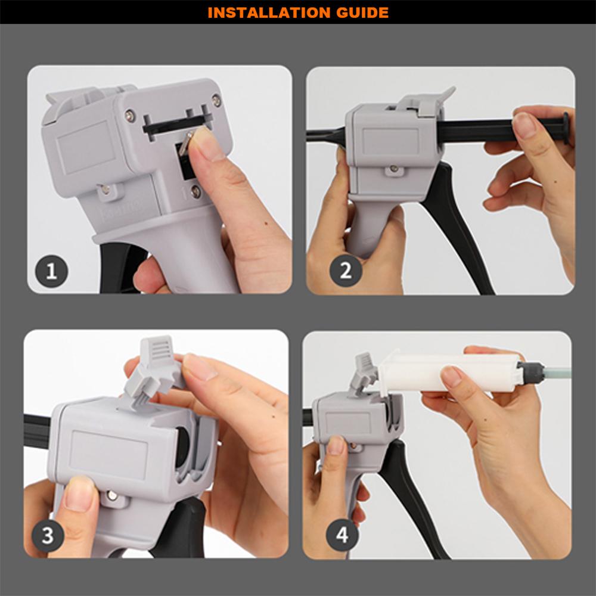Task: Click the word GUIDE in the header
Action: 362,13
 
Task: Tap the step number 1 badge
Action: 51,271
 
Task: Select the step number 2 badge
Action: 346,271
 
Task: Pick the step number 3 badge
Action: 48,535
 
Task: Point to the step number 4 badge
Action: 342,535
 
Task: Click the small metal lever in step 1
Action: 185,142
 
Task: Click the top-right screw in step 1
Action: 216,100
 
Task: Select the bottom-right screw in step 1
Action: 195,191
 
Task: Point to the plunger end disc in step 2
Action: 566,128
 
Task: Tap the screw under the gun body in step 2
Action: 394,169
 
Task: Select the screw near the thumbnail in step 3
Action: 112,495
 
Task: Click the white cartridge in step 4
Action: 449,373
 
